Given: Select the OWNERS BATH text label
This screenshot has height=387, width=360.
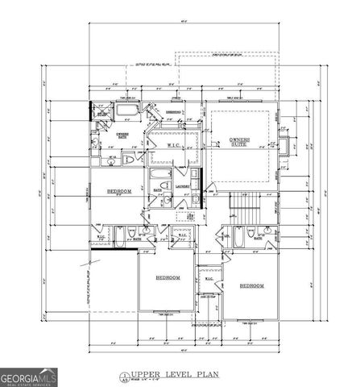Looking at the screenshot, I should point(122,136).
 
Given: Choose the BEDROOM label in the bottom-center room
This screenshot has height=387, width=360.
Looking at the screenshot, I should point(168,277).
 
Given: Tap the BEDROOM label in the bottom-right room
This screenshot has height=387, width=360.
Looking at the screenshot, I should point(250,286).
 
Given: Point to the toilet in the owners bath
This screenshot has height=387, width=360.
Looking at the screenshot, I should point(129,160).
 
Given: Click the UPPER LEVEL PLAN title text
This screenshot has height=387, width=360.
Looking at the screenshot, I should point(165,376).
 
